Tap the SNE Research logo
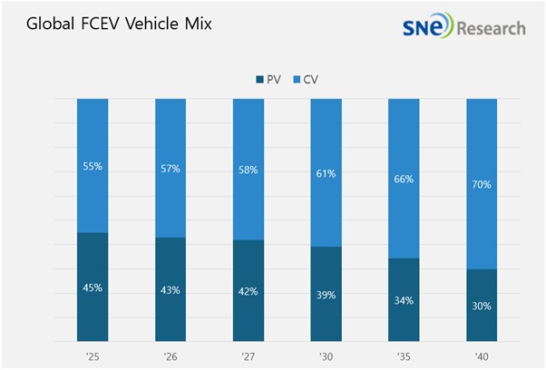tap(463, 26)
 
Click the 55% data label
tap(93, 167)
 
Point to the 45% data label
tap(93, 287)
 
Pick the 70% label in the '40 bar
tap(482, 185)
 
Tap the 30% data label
tap(482, 306)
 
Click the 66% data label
tap(404, 180)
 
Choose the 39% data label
tap(326, 296)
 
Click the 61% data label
tap(326, 172)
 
